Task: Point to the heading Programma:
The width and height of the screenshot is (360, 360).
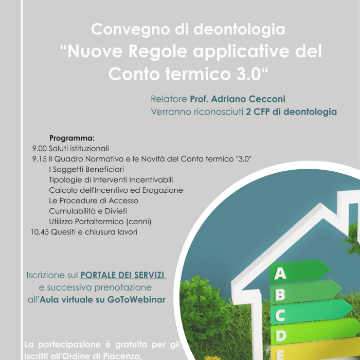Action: coord(72,138)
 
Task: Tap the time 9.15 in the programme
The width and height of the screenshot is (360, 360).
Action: coord(39,159)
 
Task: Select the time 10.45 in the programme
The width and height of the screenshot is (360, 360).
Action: coord(41,232)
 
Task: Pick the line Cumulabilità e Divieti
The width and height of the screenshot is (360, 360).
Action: coord(88,211)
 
